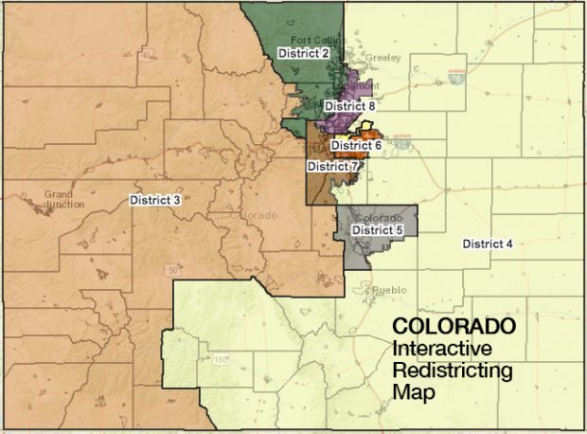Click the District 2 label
[303, 53]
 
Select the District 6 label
[356, 146]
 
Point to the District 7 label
[332, 166]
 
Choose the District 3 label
[155, 199]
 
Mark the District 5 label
[378, 230]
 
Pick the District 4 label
[488, 244]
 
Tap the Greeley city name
[382, 58]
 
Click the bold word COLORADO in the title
[454, 325]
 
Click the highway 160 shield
[222, 359]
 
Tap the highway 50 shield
[173, 270]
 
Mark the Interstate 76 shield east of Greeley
[457, 81]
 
